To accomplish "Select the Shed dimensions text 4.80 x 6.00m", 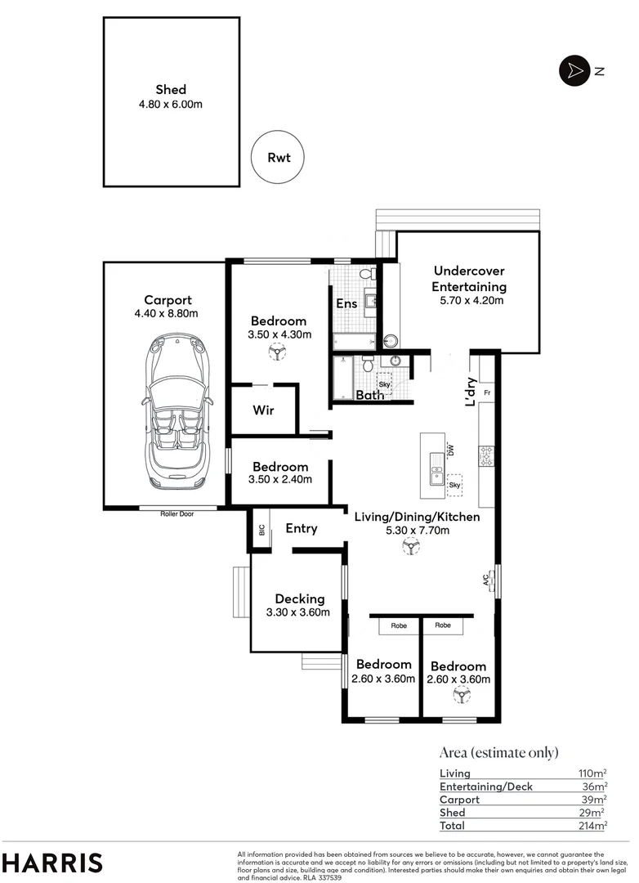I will [x=172, y=104].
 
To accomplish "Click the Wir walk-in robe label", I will [x=262, y=410].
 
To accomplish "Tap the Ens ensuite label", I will [x=346, y=304].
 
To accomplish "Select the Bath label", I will [x=369, y=396].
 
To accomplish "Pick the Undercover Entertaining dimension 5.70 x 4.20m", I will [x=469, y=301].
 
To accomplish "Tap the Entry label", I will [x=301, y=529].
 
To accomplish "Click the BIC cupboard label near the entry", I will [x=261, y=530].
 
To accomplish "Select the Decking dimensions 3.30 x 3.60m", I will [x=298, y=612].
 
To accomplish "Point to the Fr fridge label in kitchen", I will [x=486, y=393].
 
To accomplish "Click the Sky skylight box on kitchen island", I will [x=454, y=484].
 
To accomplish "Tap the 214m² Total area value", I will [x=591, y=827].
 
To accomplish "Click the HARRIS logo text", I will [x=53, y=862].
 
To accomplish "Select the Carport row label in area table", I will [x=459, y=800].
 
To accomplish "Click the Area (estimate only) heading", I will [x=498, y=753].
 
